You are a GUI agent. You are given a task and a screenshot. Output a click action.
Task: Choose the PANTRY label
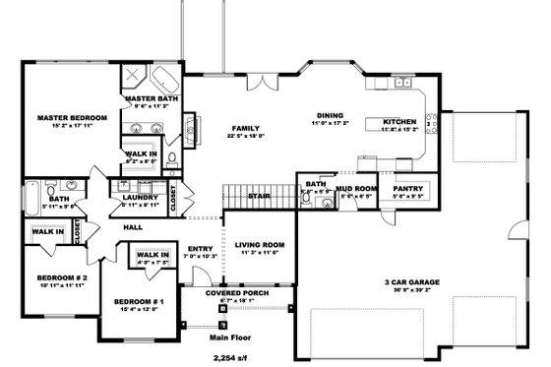[407, 188]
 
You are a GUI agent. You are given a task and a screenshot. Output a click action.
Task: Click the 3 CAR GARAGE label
[411, 281]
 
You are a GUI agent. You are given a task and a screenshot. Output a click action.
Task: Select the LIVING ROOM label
[259, 244]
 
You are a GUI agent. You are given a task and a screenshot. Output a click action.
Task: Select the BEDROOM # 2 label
[49, 277]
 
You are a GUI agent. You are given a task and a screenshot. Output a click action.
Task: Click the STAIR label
[259, 196]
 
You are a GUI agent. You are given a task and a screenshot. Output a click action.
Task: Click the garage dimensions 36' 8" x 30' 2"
[411, 290]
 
